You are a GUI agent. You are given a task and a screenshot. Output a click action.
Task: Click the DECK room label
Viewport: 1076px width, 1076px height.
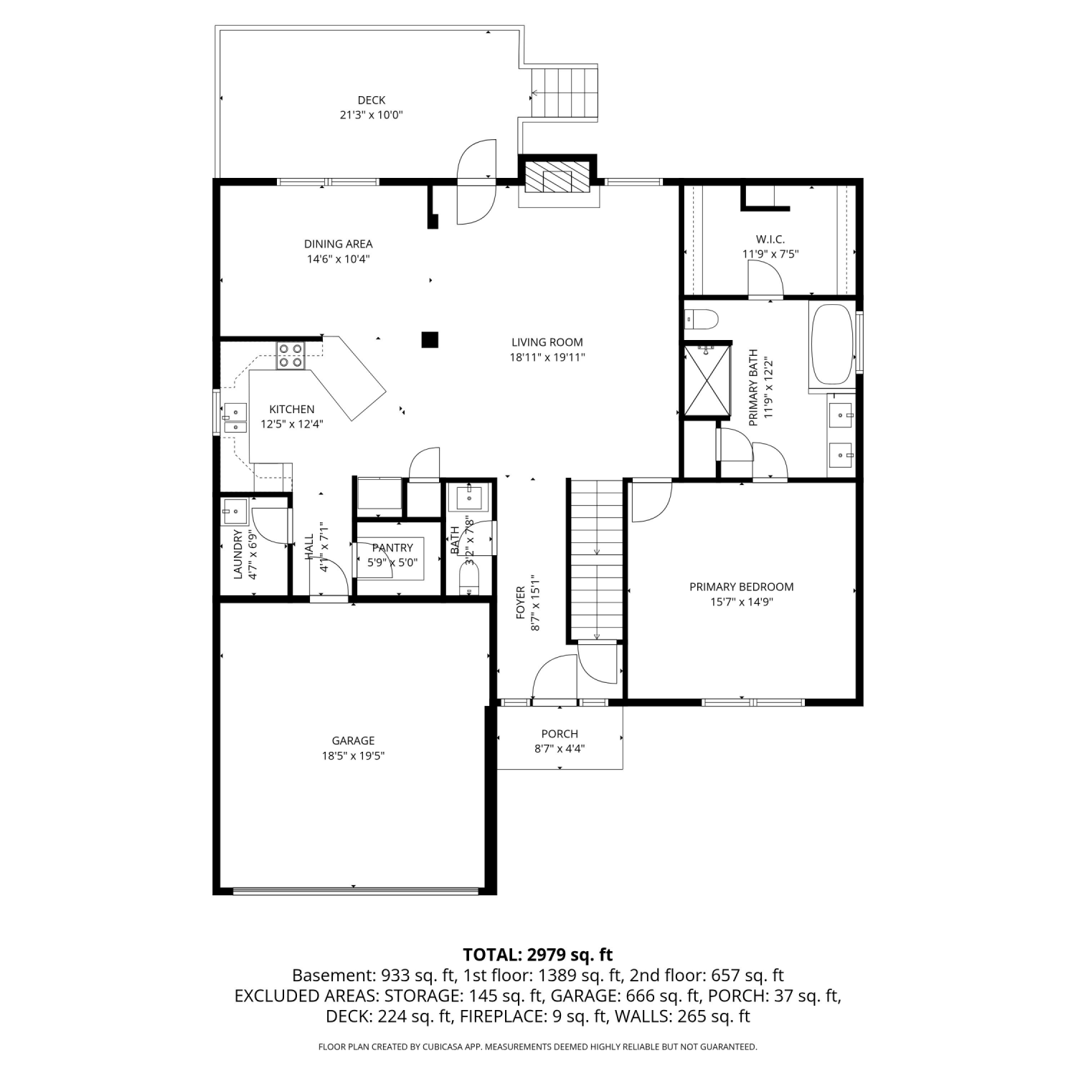pos(372,100)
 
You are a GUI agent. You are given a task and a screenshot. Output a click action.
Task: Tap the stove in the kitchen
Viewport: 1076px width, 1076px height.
pos(291,356)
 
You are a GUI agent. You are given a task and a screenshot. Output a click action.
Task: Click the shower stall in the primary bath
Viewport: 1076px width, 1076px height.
pos(707,380)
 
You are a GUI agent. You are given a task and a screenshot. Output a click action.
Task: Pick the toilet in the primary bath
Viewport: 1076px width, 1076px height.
pos(702,318)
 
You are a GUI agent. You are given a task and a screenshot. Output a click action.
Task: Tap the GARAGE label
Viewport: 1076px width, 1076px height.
pos(353,740)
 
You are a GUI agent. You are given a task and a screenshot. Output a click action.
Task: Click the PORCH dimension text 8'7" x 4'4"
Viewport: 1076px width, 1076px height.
pos(560,749)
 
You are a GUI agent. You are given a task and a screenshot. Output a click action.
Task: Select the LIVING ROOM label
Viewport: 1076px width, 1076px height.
pos(547,342)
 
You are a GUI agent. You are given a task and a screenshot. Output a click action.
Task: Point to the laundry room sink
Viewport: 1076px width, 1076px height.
pos(234,512)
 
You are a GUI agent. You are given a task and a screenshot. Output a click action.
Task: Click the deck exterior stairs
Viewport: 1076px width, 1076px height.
pos(565,93)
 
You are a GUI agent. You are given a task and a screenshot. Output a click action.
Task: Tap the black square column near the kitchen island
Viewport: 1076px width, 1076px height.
pos(430,339)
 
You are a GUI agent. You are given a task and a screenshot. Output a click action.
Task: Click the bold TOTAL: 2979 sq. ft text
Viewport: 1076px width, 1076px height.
pos(538,955)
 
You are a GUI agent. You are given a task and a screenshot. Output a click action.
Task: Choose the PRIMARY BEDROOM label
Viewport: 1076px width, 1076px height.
pos(742,587)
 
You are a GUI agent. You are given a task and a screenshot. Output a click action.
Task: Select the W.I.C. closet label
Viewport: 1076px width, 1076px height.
pos(770,239)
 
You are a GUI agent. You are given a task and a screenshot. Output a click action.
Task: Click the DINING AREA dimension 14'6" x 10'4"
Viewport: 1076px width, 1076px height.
pos(339,259)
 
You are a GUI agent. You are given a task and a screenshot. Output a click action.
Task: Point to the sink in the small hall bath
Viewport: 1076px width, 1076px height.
pos(469,496)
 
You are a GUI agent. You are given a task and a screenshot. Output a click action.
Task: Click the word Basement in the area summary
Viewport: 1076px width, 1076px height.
pos(331,976)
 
